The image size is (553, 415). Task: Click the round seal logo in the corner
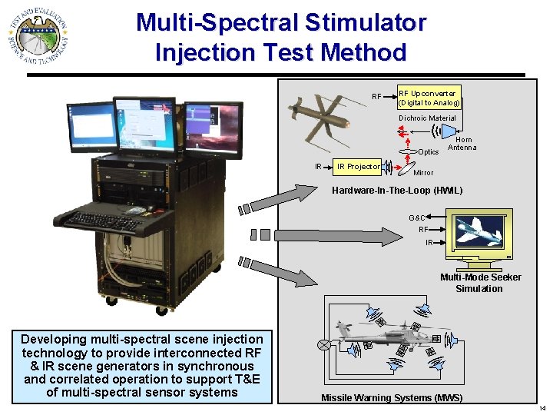40,36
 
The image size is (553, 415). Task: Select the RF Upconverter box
429,98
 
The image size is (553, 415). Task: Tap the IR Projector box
358,166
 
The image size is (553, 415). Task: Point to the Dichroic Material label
427,118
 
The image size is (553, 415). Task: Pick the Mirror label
423,173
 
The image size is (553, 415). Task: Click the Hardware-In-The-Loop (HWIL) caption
396,191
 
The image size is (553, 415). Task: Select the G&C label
417,218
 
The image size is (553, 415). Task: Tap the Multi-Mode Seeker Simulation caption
479,283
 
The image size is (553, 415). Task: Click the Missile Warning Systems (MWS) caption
391,398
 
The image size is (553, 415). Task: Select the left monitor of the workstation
92,127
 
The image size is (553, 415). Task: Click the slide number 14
542,407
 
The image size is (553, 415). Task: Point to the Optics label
429,152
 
